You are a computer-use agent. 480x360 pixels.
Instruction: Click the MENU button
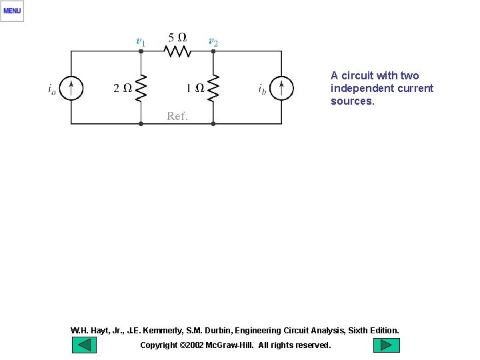(x=12, y=11)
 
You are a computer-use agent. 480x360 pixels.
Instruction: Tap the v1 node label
(x=140, y=41)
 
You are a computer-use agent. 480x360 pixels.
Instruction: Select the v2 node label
(x=213, y=41)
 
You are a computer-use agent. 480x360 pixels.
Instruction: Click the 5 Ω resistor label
(x=177, y=37)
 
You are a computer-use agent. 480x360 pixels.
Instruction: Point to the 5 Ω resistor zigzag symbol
(x=177, y=51)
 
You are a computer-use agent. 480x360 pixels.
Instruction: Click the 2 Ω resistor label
(x=122, y=87)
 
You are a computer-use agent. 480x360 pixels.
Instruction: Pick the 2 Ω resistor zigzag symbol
(x=141, y=87)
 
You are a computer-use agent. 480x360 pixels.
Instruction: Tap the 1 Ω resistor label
(x=195, y=87)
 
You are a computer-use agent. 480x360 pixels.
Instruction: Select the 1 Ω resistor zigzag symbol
(x=213, y=87)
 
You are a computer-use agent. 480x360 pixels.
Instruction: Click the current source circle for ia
(x=71, y=87)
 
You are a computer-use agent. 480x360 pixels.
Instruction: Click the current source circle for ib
(x=281, y=87)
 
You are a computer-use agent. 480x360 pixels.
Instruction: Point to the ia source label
(x=52, y=88)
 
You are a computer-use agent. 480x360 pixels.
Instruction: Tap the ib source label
(x=263, y=88)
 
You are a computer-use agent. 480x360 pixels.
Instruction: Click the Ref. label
(x=177, y=116)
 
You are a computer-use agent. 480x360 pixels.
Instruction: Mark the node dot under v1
(x=141, y=51)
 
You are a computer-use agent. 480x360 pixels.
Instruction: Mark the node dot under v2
(x=213, y=51)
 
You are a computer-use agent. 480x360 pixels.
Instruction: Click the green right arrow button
(x=386, y=345)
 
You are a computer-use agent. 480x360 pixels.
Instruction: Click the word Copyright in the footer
(x=159, y=345)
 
